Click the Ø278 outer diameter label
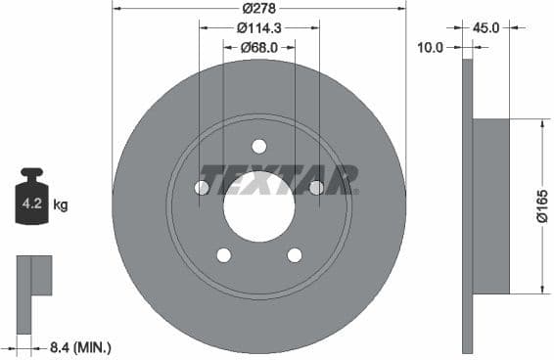(259, 8)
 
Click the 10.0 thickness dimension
(430, 47)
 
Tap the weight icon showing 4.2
(32, 200)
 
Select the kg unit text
(61, 205)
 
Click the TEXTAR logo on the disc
(279, 180)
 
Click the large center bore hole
(258, 206)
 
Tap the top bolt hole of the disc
(259, 147)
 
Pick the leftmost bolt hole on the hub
(203, 187)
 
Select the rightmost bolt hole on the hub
(316, 187)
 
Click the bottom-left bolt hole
(224, 255)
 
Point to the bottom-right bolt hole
(295, 255)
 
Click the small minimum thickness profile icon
(34, 276)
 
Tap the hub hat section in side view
(491, 205)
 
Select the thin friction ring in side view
(467, 205)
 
